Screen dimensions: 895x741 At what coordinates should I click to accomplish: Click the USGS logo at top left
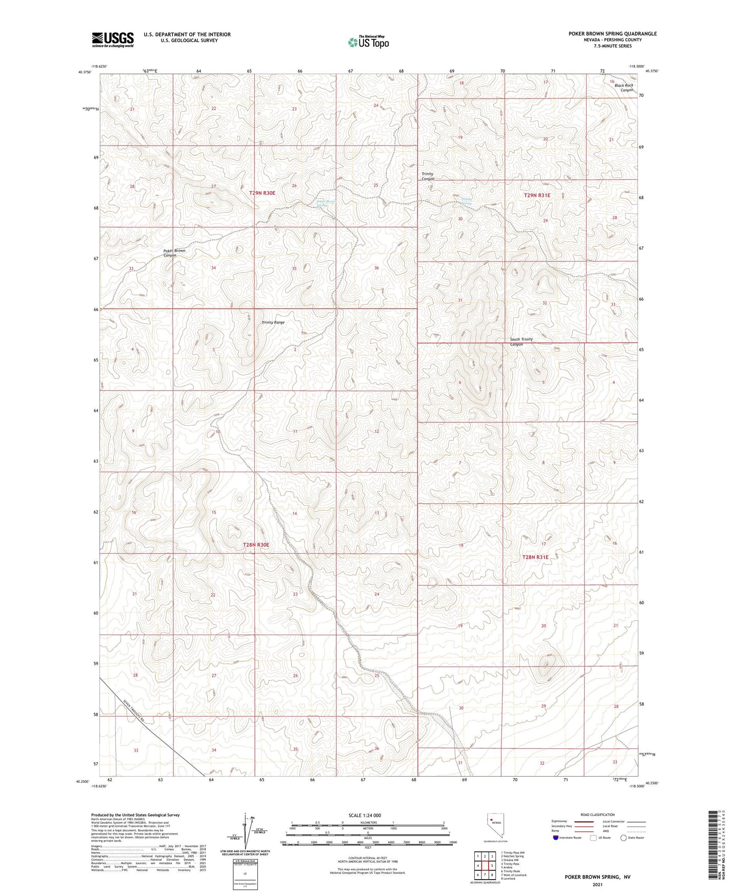tap(113, 39)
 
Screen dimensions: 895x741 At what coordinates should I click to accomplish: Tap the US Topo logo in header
tap(368, 43)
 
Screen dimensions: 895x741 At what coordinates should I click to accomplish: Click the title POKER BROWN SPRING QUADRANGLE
tap(612, 34)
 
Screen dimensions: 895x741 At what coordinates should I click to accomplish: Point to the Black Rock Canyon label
tap(624, 88)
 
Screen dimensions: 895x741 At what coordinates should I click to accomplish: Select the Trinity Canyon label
tap(428, 176)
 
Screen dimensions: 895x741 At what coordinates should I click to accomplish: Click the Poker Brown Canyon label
tap(174, 253)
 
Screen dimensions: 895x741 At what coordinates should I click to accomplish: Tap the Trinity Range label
tap(273, 322)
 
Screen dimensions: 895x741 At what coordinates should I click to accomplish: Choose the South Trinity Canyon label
tap(521, 341)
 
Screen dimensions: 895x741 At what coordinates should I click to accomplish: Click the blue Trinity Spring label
tap(466, 201)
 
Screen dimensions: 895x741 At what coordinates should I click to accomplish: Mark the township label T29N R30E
tap(262, 193)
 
